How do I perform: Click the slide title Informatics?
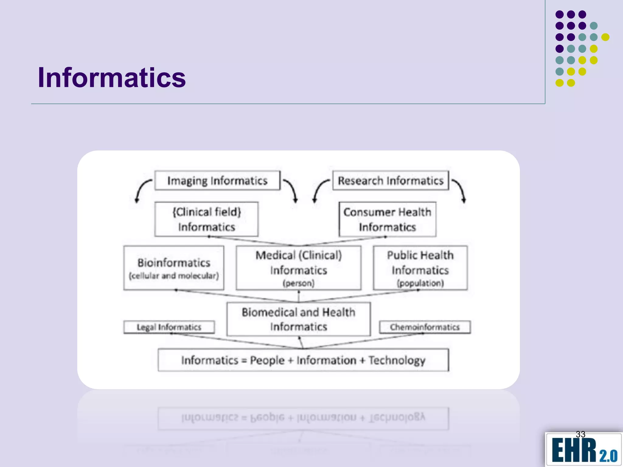point(112,78)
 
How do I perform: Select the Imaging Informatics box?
point(217,181)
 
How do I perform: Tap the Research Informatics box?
point(391,181)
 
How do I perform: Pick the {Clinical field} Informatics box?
point(206,219)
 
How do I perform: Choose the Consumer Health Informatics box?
point(387,219)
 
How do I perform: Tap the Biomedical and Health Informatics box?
point(298,319)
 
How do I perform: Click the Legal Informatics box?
point(169,327)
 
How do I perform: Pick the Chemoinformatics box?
point(425,327)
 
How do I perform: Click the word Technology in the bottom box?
point(397,360)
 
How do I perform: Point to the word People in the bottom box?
point(267,360)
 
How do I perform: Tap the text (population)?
point(420,283)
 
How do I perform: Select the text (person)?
point(298,283)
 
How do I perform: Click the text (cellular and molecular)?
point(174,276)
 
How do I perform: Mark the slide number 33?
point(580,434)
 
